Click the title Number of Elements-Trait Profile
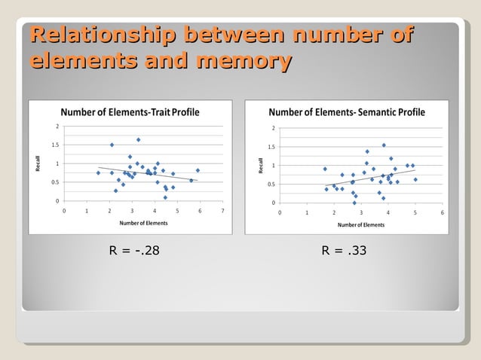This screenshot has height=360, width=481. [x=130, y=112]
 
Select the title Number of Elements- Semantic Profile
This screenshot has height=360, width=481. [x=347, y=112]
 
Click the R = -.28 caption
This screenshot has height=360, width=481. [x=134, y=250]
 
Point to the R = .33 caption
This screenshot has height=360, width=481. [x=344, y=250]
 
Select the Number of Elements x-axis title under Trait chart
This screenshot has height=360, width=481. [x=143, y=224]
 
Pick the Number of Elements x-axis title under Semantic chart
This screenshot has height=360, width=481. [x=360, y=224]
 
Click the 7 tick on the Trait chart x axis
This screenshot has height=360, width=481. [x=222, y=211]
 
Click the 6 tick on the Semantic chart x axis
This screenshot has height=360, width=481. [x=442, y=212]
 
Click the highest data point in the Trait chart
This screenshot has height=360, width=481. [x=139, y=139]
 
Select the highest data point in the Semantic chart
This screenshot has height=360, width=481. [x=384, y=145]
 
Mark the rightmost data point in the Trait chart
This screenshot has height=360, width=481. [x=198, y=170]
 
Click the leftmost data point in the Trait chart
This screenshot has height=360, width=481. [x=98, y=172]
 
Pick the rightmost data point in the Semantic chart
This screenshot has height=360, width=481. [x=415, y=179]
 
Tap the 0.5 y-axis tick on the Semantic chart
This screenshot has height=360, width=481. [x=272, y=185]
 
